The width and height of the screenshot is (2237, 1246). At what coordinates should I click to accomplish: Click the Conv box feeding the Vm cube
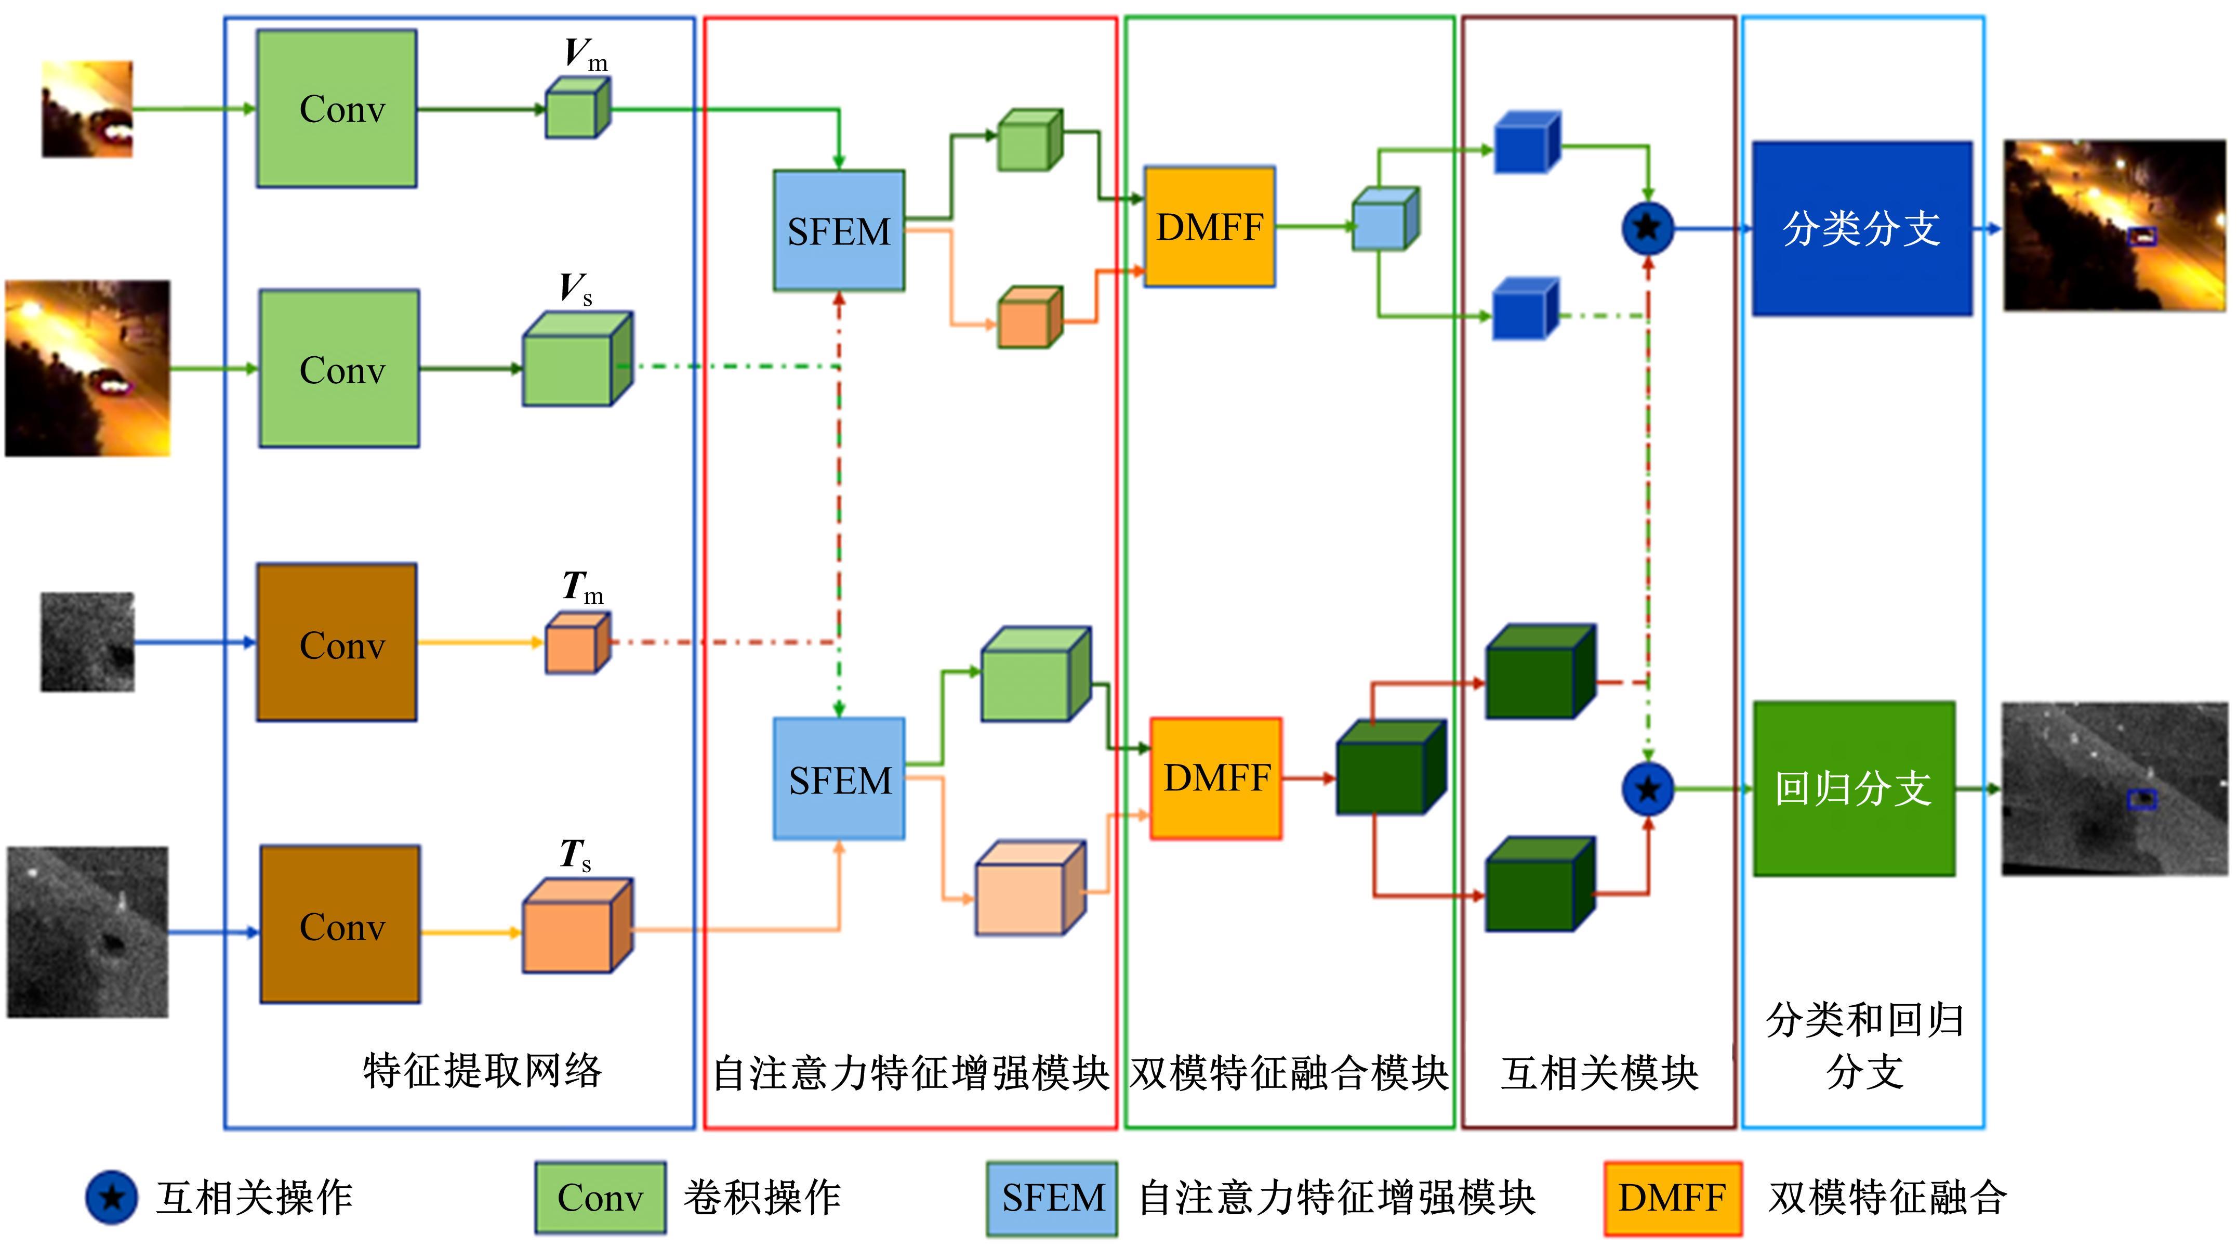pos(337,109)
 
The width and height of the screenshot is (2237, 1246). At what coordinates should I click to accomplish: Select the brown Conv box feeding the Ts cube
pos(340,925)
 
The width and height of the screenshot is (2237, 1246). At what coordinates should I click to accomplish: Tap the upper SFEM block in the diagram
pos(839,231)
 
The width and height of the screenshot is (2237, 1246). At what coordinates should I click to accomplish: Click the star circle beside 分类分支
pos(1647,228)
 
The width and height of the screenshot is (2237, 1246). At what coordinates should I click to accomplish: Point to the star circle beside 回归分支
pos(1647,789)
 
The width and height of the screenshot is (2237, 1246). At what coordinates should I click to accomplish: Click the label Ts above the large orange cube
pos(575,856)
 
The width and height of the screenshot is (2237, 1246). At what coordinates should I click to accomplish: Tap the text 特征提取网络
pos(482,1070)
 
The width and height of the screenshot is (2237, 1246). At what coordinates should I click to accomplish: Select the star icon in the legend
pos(111,1197)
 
